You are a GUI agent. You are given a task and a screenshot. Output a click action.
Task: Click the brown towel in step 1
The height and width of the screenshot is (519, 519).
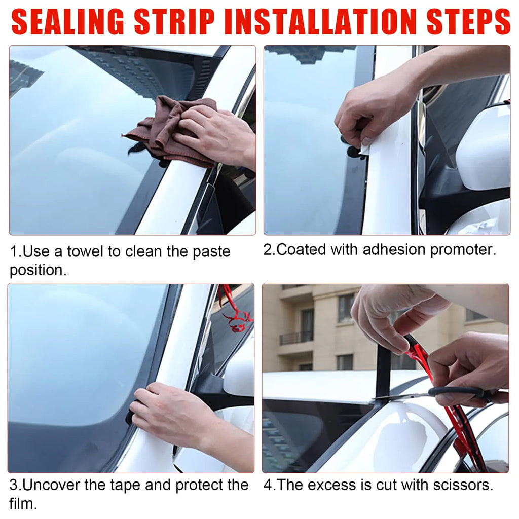[167, 133]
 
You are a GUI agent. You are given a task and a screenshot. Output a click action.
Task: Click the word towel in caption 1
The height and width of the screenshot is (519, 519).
[87, 251]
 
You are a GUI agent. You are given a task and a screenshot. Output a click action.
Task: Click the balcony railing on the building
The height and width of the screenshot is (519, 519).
[296, 338]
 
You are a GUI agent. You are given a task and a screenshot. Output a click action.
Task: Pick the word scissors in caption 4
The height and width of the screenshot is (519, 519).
[461, 485]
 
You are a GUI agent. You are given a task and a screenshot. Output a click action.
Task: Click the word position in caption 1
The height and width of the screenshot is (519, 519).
[38, 270]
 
